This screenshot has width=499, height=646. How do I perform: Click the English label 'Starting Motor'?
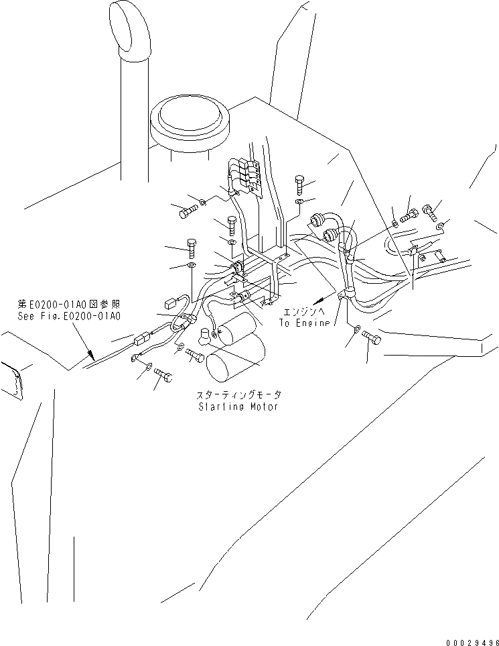238,407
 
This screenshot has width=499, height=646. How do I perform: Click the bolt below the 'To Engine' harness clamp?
371,339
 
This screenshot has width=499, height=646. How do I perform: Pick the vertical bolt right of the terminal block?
299,183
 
